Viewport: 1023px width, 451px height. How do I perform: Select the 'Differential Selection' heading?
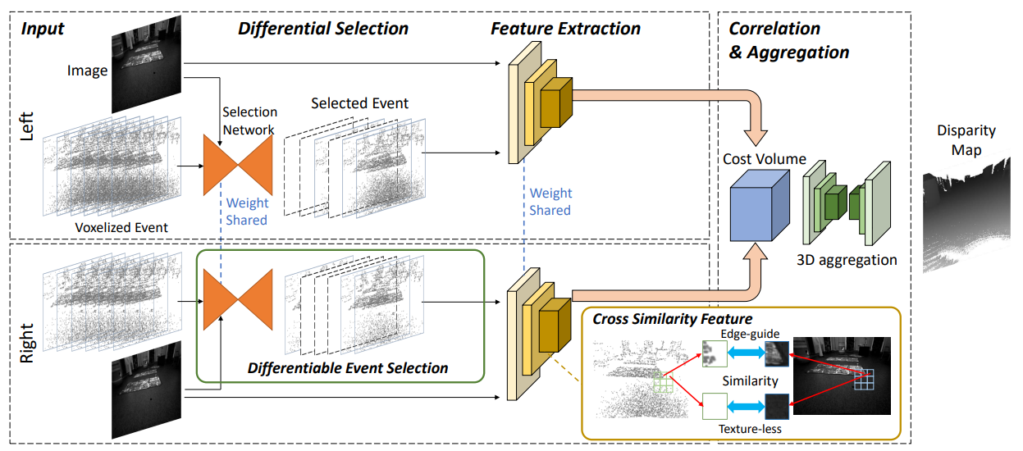[322, 29]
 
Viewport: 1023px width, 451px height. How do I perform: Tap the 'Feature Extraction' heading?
[565, 29]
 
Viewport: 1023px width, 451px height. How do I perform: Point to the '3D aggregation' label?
[847, 260]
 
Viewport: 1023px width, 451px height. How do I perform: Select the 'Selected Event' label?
[359, 103]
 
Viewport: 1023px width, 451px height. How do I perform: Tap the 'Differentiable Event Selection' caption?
[348, 368]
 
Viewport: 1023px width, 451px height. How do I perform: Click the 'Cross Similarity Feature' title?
[673, 318]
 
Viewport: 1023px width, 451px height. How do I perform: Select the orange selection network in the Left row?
[237, 165]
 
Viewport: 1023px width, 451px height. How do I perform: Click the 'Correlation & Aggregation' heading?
[788, 40]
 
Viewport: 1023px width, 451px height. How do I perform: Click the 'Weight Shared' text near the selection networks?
[247, 212]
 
